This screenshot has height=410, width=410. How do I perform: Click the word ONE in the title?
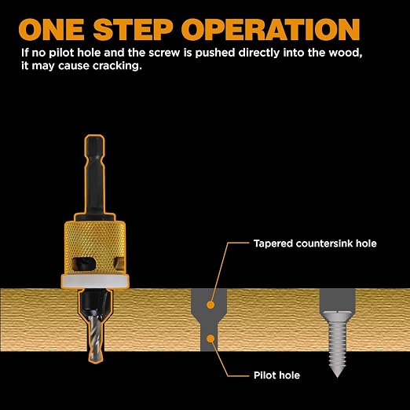51,29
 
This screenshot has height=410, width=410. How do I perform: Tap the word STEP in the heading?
133,29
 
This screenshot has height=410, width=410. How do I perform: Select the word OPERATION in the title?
271,29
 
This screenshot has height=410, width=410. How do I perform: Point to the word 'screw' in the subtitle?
164,53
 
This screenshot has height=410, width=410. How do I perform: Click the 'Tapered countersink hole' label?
315,243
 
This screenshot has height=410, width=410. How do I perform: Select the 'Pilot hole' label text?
276,375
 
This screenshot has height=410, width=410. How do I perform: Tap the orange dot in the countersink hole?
210,305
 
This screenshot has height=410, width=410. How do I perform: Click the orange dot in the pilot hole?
210,339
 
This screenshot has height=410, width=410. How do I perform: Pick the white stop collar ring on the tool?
95,281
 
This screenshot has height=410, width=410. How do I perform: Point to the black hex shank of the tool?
94,175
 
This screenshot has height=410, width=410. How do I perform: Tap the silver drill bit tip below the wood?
96,357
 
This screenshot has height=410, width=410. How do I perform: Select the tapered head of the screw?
337,317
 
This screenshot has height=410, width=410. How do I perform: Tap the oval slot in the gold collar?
83,262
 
